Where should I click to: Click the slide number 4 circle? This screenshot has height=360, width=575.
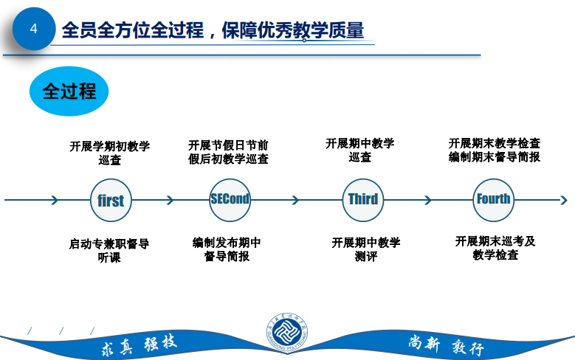coord(32,30)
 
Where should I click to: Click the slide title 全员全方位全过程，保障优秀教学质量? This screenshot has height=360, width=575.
coord(214,30)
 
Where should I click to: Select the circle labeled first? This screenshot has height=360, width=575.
coord(111,200)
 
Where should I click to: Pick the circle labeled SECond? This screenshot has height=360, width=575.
coord(230,199)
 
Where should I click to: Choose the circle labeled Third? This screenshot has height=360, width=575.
coord(362,199)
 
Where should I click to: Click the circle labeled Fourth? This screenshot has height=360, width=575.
coord(493,199)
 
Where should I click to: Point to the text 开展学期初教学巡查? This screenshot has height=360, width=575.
coord(110,153)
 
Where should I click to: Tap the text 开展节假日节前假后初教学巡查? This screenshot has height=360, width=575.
coord(228,152)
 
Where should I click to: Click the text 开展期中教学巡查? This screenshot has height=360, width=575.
coord(360,150)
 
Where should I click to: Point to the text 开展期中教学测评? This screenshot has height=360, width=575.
coord(366,250)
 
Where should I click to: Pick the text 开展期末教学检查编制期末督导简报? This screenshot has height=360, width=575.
coord(495,150)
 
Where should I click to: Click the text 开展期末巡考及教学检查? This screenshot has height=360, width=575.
coord(495,248)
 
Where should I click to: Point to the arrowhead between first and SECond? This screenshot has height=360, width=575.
coord(170,200)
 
